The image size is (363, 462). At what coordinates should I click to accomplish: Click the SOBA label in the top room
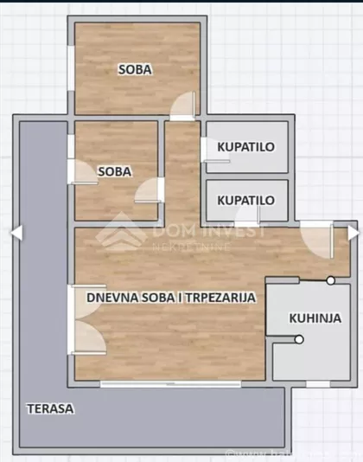click(136, 70)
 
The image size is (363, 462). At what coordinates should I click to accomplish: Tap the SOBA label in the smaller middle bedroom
click(115, 171)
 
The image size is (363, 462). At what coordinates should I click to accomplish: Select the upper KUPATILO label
click(246, 146)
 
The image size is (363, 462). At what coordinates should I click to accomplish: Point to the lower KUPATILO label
click(246, 200)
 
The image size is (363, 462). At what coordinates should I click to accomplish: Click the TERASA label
click(49, 408)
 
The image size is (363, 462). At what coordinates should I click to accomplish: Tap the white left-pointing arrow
click(16, 233)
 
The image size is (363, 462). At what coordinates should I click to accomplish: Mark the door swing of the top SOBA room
click(183, 106)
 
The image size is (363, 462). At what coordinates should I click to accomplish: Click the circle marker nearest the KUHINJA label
click(298, 339)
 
